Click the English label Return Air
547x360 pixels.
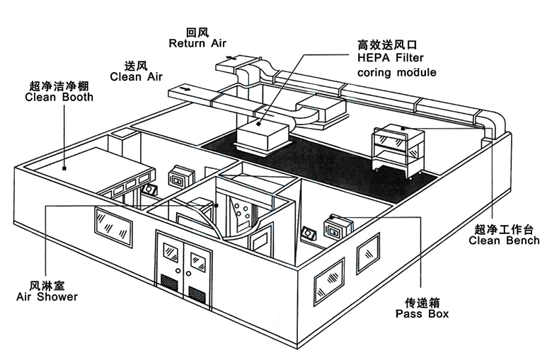tap(197, 43)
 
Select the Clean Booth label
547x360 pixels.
tap(59, 98)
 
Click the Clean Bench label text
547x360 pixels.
tap(504, 240)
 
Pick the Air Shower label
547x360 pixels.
tap(47, 296)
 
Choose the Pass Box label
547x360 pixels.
tap(422, 313)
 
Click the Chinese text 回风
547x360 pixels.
tap(196, 32)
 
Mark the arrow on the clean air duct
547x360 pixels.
tap(186, 89)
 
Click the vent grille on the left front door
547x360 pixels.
tap(170, 281)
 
